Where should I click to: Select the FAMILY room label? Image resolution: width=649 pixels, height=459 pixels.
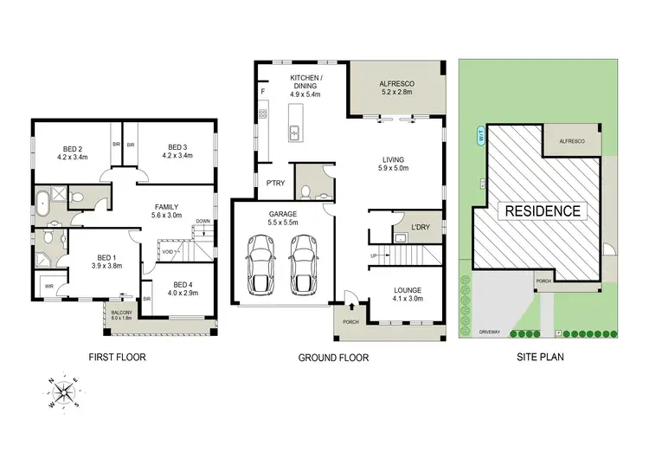pyautogui.click(x=167, y=207)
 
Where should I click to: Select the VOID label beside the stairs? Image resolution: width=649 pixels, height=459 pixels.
pyautogui.click(x=169, y=251)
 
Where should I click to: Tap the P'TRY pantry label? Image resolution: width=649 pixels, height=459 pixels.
pyautogui.click(x=277, y=183)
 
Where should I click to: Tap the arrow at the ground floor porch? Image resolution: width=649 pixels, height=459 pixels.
pyautogui.click(x=353, y=305)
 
